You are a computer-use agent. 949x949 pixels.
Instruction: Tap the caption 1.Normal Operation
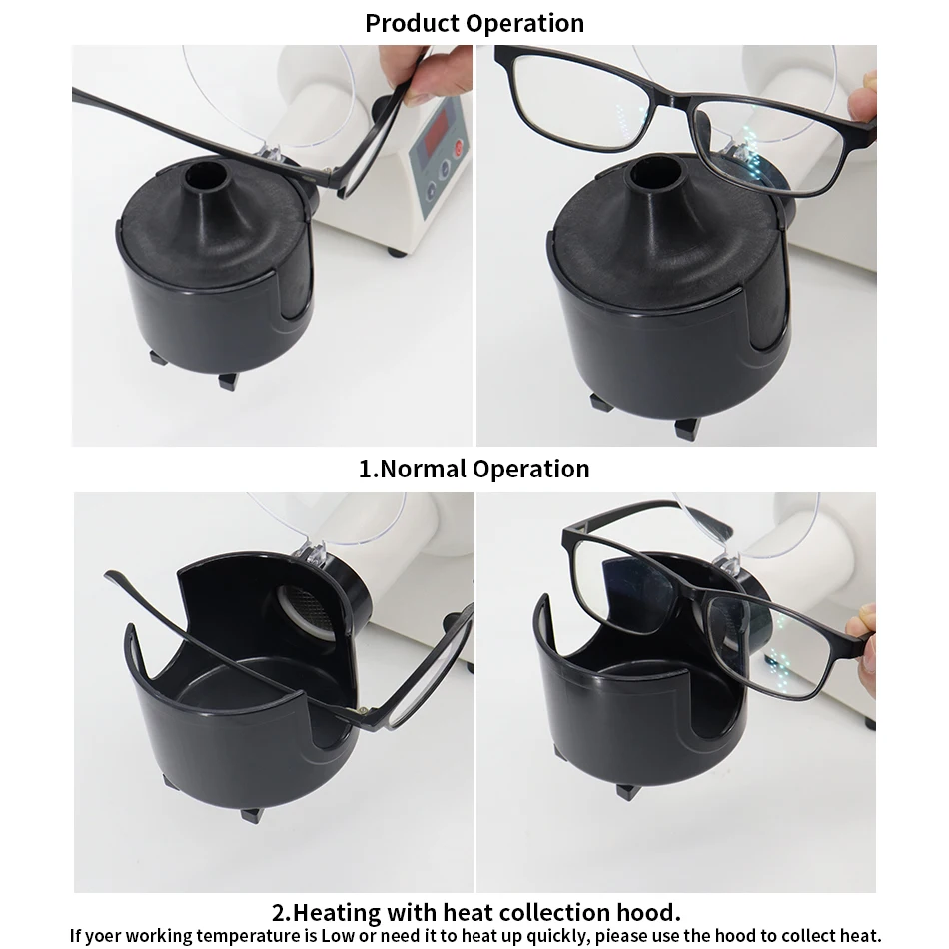[x=474, y=469]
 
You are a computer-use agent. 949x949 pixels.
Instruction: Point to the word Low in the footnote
[x=337, y=936]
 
